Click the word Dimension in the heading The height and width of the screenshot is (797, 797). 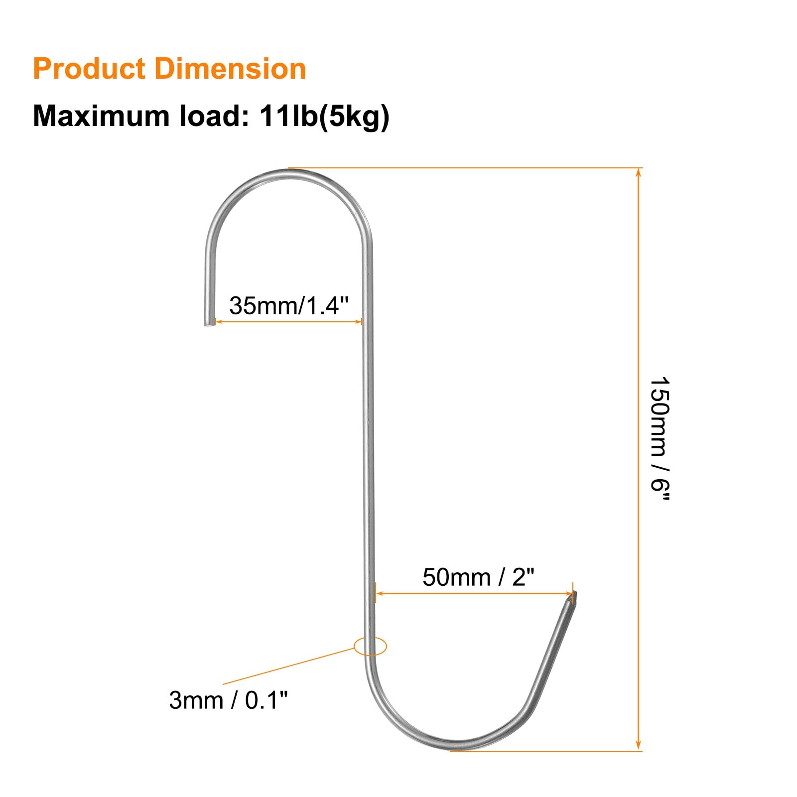point(230,69)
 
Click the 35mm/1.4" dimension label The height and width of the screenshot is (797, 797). point(289,305)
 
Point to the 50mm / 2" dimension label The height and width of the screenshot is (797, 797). point(478,577)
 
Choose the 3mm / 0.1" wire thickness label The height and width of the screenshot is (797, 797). point(229,700)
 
